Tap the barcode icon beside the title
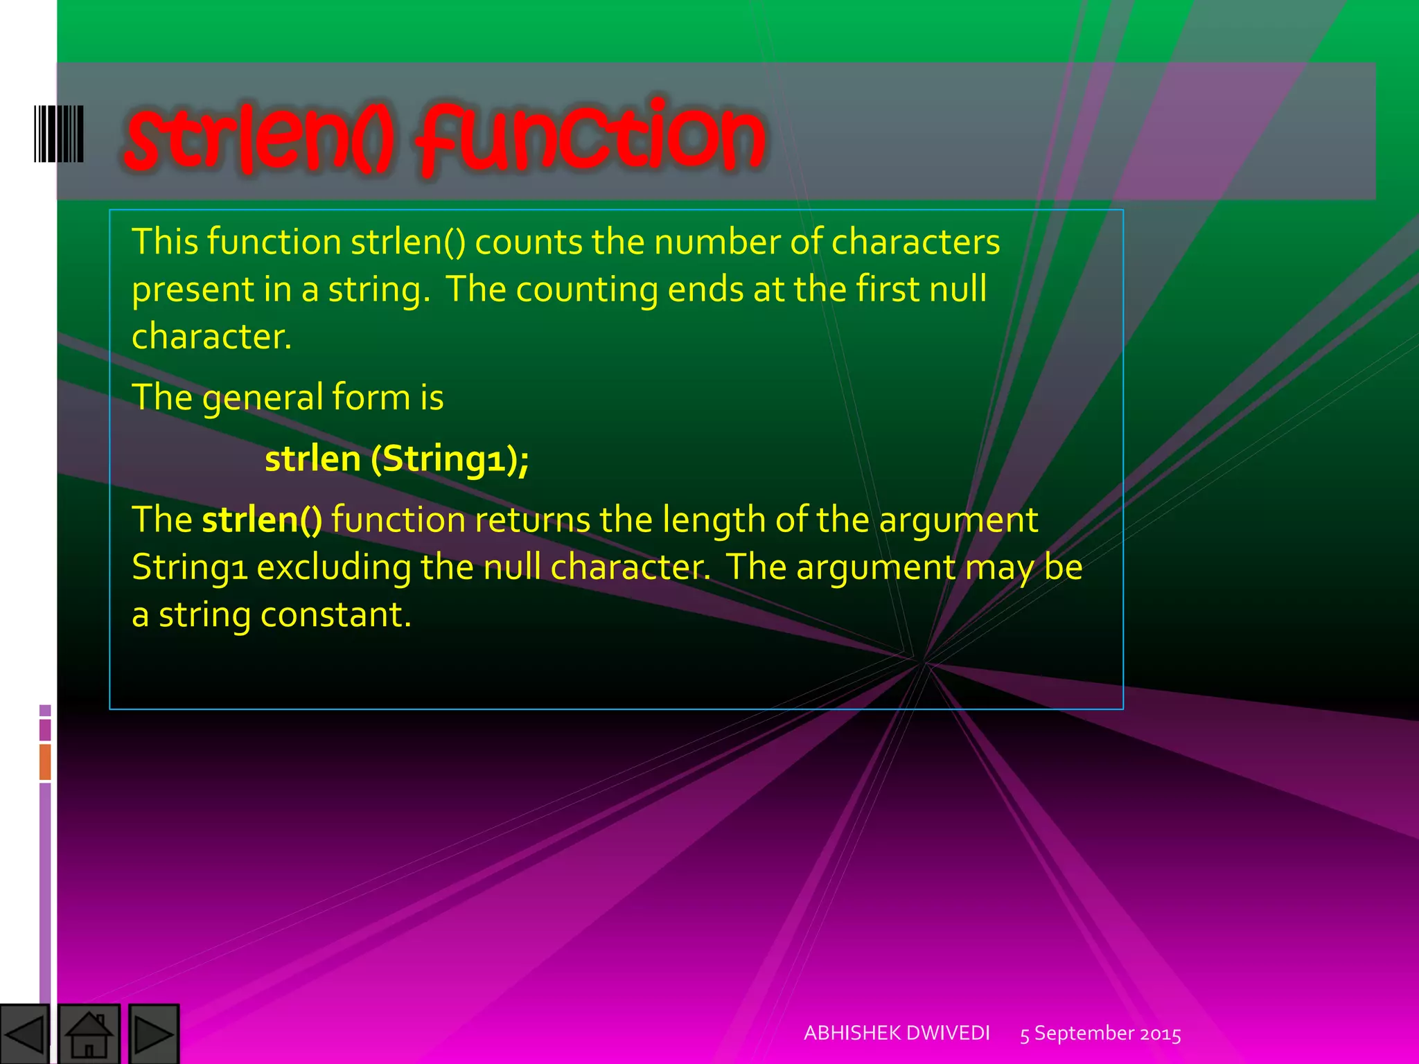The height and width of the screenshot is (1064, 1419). [59, 134]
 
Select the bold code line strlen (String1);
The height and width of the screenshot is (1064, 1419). [396, 459]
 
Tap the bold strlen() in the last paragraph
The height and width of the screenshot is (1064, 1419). [262, 520]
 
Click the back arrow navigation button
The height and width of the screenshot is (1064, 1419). [24, 1034]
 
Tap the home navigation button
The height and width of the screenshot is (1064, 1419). [89, 1034]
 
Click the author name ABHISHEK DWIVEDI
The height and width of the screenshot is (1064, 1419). [897, 1033]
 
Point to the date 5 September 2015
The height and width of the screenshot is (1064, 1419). [1100, 1034]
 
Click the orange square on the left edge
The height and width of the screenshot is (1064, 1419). [45, 761]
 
